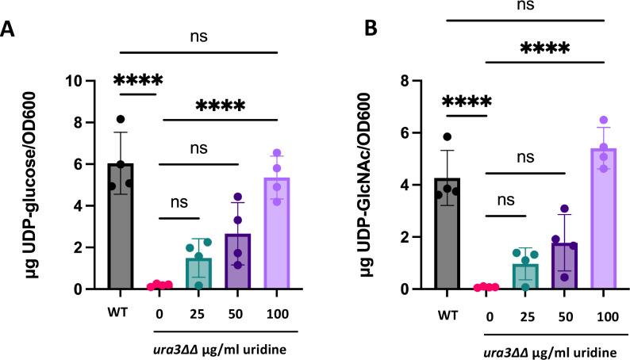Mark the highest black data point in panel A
121,119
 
